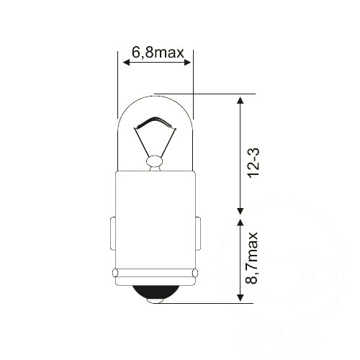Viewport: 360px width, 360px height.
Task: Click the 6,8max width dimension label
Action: coord(158,53)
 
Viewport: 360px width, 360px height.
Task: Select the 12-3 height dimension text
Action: coord(253,163)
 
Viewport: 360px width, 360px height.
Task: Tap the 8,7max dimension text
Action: coord(251,258)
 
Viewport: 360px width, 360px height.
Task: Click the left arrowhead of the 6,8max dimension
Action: coord(126,63)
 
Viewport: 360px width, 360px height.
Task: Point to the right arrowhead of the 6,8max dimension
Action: coord(187,63)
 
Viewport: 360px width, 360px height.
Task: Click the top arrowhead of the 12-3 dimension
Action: coord(240,100)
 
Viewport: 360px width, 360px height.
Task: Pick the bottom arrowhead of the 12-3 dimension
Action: coord(240,211)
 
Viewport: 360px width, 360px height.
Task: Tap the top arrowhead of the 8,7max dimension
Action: coord(240,223)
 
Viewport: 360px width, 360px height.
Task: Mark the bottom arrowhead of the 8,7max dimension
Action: coord(240,298)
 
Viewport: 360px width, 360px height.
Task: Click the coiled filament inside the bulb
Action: coord(154,121)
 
